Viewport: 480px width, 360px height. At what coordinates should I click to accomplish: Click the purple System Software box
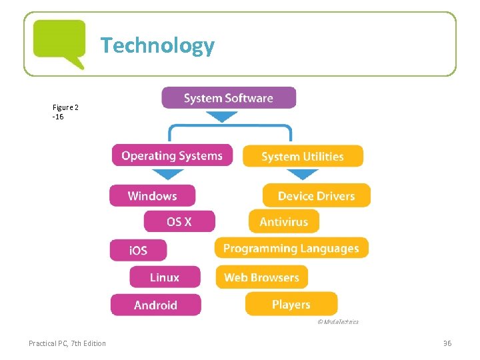229,98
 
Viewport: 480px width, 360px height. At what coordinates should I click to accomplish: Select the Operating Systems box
172,155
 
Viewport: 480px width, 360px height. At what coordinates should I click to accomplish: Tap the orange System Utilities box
303,156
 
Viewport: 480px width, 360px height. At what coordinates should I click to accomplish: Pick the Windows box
152,195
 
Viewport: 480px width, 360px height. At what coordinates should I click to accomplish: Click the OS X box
179,221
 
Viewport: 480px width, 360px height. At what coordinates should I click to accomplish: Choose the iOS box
138,250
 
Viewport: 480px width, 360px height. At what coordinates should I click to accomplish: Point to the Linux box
164,277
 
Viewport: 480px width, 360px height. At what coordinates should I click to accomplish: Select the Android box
155,305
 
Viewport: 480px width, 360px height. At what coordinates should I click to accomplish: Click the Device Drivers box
316,195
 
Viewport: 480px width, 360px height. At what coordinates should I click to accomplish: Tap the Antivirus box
284,221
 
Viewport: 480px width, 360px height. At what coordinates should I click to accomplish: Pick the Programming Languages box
291,248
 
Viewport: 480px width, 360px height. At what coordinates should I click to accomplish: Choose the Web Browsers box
261,277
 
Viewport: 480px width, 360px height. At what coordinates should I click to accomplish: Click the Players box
291,304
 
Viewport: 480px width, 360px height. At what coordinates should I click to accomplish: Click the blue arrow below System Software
221,116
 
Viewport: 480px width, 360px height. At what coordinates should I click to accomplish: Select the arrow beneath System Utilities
303,174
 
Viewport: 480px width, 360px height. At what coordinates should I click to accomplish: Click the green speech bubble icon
59,43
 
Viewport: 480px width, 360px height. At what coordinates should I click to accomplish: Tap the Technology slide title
158,45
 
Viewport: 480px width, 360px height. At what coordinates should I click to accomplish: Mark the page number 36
447,343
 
